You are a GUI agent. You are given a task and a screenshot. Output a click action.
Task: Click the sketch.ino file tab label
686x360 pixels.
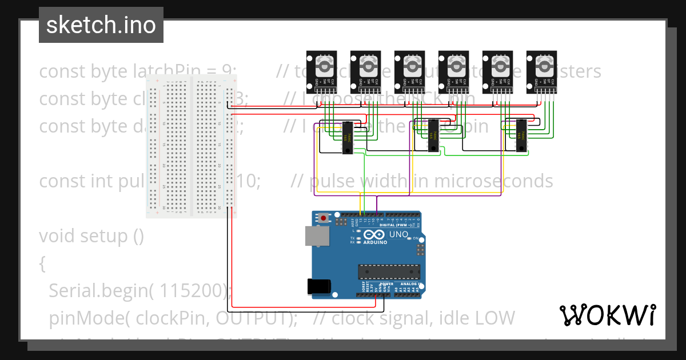(x=101, y=25)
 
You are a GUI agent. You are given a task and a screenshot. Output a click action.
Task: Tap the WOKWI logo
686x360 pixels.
(x=607, y=315)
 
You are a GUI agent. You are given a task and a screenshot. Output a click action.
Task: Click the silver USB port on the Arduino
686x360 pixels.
(x=315, y=235)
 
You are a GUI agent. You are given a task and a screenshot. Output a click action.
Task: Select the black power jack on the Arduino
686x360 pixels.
(x=319, y=286)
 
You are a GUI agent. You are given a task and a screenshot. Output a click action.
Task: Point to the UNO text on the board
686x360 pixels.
(x=398, y=234)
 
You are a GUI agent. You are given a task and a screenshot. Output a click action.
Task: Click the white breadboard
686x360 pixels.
(x=191, y=146)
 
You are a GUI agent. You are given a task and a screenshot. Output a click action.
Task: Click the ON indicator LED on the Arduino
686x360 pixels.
(x=416, y=238)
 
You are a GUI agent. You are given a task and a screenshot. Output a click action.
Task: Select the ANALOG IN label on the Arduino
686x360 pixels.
(x=408, y=283)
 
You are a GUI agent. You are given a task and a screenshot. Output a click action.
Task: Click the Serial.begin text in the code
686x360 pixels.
(x=99, y=291)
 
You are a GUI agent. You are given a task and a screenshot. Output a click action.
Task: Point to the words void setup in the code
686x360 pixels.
(x=91, y=235)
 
